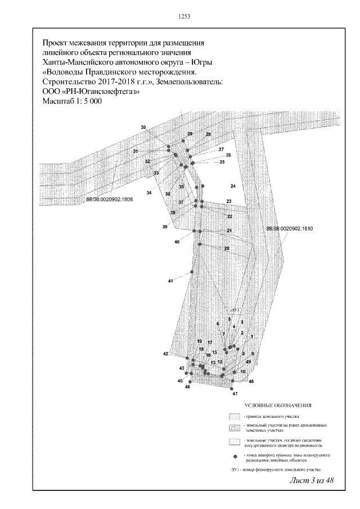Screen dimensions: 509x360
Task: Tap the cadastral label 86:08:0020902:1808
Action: pos(110,199)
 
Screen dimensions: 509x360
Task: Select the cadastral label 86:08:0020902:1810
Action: pos(289,229)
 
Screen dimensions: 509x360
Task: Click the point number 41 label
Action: pos(170,280)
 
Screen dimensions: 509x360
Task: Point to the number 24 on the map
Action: pos(232,186)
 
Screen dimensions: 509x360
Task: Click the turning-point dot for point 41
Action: pos(192,273)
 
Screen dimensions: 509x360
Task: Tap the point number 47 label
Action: pos(235,394)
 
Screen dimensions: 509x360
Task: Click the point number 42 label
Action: pos(166,354)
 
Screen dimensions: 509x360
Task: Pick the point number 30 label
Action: pos(143,128)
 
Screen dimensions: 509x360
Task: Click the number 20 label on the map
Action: pos(227,248)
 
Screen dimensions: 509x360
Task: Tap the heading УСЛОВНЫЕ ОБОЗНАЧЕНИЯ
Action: pos(278,405)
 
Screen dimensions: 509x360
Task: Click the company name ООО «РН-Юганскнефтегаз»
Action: pos(91,92)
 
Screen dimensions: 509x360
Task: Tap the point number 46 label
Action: pos(187,387)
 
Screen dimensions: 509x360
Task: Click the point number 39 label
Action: pos(165,227)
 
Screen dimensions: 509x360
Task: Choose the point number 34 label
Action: pos(149,193)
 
